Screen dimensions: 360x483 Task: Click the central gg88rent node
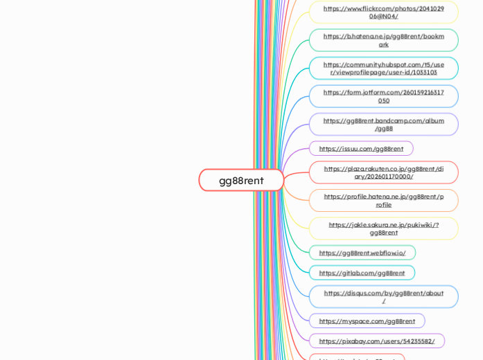click(x=241, y=180)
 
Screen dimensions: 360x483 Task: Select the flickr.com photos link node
click(x=383, y=12)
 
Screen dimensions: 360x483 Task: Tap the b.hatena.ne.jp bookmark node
click(x=383, y=40)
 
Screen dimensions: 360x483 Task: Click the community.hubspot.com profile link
click(x=383, y=68)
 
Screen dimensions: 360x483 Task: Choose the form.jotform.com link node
click(x=383, y=96)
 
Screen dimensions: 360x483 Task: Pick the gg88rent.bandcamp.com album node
click(x=383, y=124)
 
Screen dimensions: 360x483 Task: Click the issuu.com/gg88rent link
click(x=361, y=148)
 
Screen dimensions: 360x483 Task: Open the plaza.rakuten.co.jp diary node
click(x=383, y=172)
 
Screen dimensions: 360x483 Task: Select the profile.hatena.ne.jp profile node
click(x=383, y=200)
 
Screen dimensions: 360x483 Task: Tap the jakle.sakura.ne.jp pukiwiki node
click(x=383, y=228)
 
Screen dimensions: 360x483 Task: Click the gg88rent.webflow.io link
click(x=362, y=253)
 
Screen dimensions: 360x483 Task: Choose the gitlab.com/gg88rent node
click(x=362, y=273)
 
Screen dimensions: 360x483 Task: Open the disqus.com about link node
click(x=383, y=296)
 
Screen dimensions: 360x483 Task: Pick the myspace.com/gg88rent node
click(x=367, y=321)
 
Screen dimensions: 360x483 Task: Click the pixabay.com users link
click(x=376, y=341)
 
